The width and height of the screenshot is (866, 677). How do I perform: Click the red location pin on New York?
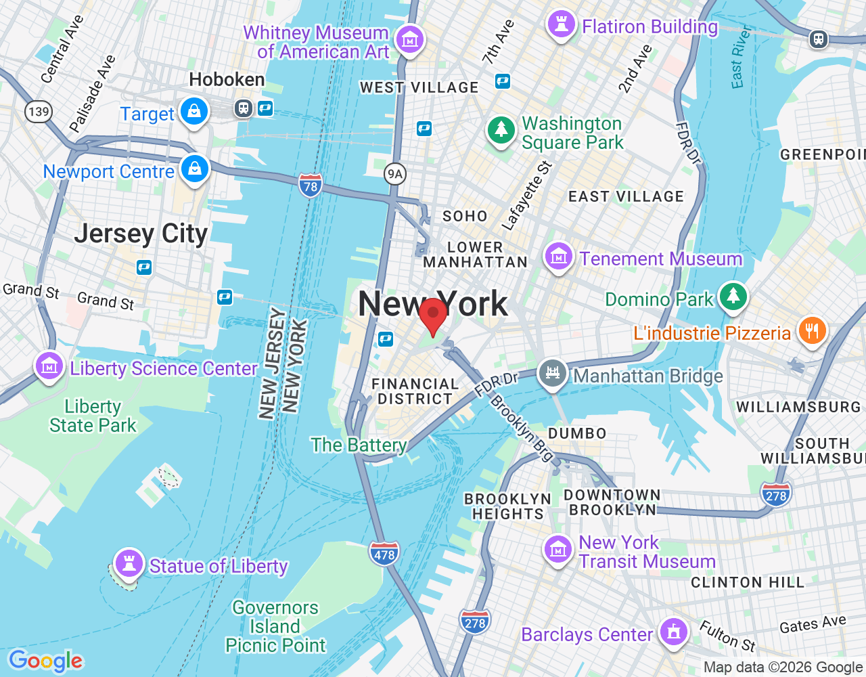433,314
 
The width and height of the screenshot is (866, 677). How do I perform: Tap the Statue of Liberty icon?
129,563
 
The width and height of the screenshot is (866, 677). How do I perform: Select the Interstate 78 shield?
310,185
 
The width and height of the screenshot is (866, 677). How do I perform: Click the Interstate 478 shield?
384,553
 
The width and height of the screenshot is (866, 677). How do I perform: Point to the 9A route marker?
394,174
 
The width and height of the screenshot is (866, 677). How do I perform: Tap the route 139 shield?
39,111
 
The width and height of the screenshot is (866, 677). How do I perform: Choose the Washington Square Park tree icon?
501,129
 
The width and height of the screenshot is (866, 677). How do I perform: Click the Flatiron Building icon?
561,24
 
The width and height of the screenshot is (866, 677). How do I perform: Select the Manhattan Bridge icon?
553,372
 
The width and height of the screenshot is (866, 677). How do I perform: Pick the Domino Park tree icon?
733,296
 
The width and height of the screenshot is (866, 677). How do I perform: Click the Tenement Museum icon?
558,257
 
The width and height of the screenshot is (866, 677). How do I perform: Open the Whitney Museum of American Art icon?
409,39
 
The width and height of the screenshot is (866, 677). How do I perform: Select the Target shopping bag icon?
194,110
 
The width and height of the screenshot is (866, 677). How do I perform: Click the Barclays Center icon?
673,632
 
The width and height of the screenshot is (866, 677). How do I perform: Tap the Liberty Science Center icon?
49,366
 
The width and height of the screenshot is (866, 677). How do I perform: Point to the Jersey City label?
141,234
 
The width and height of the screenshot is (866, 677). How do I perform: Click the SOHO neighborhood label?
465,216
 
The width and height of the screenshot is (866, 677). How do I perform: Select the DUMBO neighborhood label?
576,433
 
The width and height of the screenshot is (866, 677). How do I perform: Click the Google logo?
45,660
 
